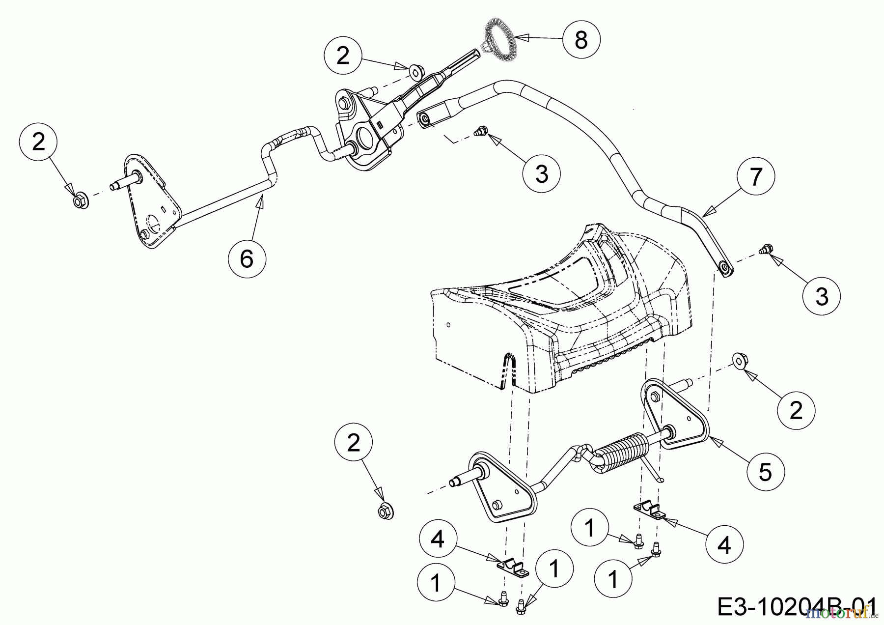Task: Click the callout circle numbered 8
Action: [581, 40]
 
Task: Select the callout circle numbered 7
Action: [756, 176]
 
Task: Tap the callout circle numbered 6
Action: [247, 258]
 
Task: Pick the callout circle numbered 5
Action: [765, 472]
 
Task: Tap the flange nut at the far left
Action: [80, 201]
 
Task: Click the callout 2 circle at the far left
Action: [38, 142]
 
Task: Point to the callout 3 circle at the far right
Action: [822, 296]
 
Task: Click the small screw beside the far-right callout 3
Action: [764, 249]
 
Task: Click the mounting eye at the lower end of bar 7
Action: [724, 268]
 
